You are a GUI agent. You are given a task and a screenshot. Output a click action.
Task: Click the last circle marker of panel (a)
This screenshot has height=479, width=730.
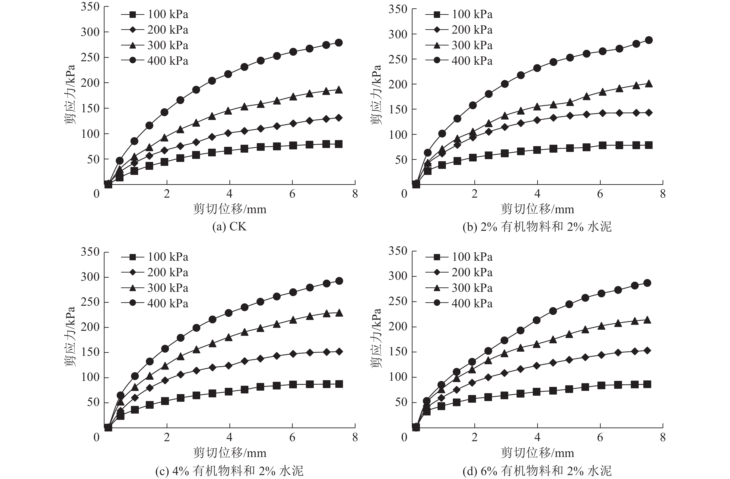tap(339, 43)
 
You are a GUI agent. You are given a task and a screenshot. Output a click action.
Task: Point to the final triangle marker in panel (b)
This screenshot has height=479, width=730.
tap(649, 84)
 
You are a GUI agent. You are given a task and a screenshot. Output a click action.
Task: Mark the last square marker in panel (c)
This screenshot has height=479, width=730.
tap(339, 384)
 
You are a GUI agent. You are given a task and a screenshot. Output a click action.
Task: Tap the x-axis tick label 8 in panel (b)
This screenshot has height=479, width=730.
tap(663, 194)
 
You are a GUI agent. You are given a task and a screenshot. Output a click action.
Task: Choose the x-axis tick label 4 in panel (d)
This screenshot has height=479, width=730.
tap(537, 437)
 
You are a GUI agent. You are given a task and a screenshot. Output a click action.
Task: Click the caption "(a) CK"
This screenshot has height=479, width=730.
tap(229, 227)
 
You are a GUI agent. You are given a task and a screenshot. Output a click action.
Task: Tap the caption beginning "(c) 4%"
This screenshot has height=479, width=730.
tap(229, 471)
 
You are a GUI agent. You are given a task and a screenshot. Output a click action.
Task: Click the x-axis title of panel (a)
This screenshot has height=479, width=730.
tap(229, 209)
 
